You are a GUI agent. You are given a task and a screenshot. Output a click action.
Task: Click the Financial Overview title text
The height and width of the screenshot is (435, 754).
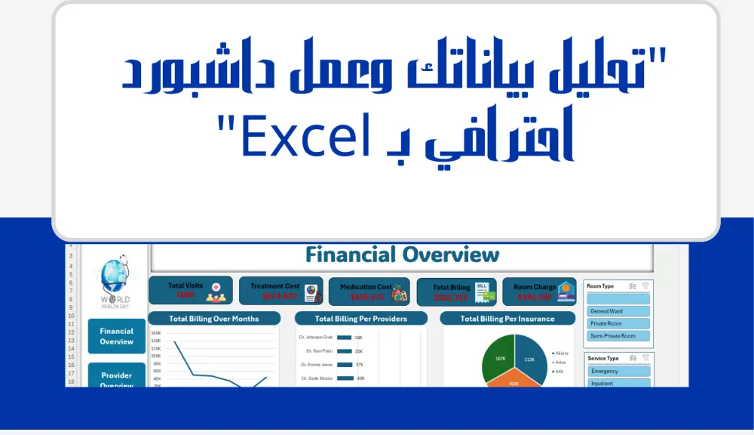[402, 255]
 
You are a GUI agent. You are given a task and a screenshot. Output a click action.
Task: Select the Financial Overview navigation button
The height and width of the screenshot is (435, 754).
[116, 336]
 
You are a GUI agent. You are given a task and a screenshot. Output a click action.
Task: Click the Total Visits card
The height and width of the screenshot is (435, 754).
[188, 291]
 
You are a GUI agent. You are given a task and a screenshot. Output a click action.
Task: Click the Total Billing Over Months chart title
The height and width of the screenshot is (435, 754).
[214, 319]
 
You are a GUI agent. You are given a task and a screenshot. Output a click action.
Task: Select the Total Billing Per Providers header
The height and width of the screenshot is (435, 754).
[360, 319]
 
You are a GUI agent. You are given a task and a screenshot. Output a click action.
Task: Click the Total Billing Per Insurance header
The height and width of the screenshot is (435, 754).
[507, 319]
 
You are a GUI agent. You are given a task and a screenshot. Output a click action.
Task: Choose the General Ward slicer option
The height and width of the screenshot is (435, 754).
[618, 311]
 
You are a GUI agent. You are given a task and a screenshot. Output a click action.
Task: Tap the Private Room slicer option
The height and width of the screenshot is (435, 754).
[618, 323]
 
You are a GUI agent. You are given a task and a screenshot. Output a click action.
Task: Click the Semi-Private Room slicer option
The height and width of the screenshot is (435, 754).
[618, 335]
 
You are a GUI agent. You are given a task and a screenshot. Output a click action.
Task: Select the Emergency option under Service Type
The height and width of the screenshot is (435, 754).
[618, 371]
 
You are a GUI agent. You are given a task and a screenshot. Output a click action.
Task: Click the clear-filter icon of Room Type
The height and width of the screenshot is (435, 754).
[645, 286]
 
